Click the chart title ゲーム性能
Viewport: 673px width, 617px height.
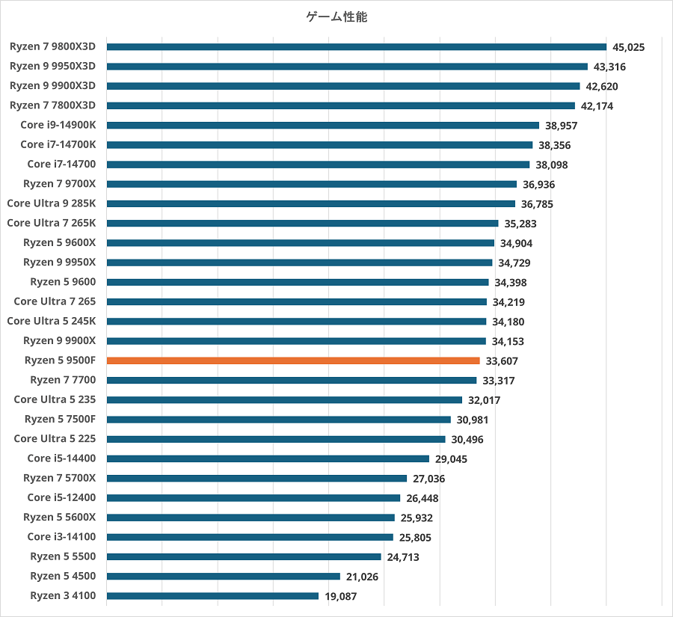pyautogui.click(x=336, y=17)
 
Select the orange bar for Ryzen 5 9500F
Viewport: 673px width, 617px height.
pyautogui.click(x=293, y=360)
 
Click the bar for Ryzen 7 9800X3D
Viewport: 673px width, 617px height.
pyautogui.click(x=356, y=47)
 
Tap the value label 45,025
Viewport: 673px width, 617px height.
pyautogui.click(x=628, y=47)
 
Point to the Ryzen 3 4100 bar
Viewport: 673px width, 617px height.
pyautogui.click(x=212, y=596)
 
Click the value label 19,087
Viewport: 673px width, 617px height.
pyautogui.click(x=341, y=596)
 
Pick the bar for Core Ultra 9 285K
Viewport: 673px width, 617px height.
pyautogui.click(x=311, y=203)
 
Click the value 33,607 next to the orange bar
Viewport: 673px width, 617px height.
pyautogui.click(x=502, y=360)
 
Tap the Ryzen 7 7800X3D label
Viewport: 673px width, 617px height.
pyautogui.click(x=58, y=105)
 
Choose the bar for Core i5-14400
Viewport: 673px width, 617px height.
pyautogui.click(x=268, y=458)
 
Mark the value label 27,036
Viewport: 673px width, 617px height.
pyautogui.click(x=429, y=479)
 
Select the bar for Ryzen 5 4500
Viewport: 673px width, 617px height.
pyautogui.click(x=224, y=577)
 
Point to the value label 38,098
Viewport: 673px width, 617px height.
pyautogui.click(x=552, y=165)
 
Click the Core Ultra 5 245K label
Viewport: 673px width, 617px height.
pyautogui.click(x=56, y=321)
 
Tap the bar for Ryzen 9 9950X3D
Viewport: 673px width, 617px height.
pyautogui.click(x=347, y=67)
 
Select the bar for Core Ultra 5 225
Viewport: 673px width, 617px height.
pyautogui.click(x=276, y=439)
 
